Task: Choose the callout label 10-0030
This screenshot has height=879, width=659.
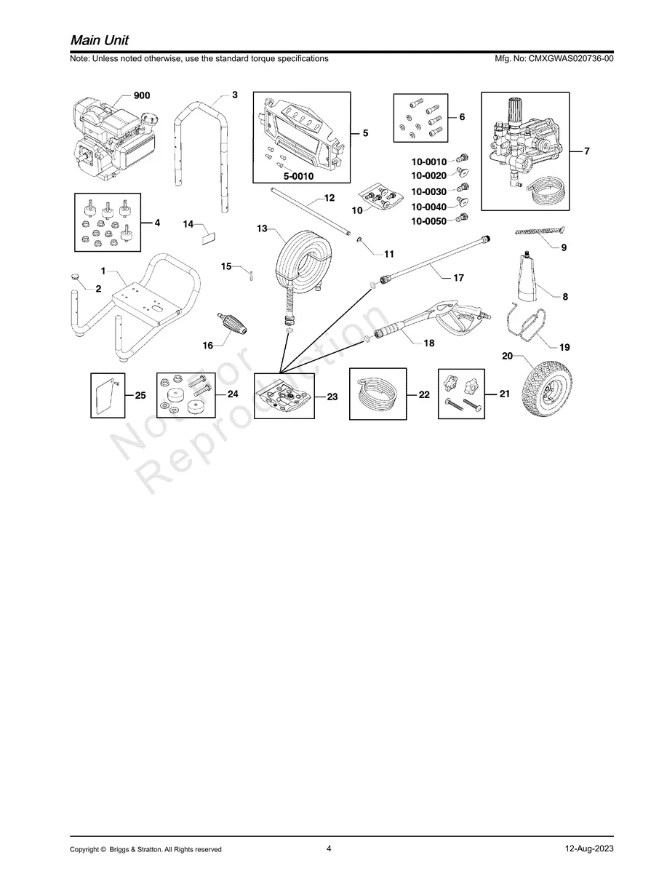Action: [x=429, y=191]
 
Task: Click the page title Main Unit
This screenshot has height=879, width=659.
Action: [x=100, y=40]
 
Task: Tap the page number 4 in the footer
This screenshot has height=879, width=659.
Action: [x=329, y=848]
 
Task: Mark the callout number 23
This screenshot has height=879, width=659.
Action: [x=332, y=397]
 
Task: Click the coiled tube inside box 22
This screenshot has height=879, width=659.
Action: [x=378, y=393]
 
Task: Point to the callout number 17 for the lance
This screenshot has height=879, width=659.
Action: [x=458, y=278]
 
